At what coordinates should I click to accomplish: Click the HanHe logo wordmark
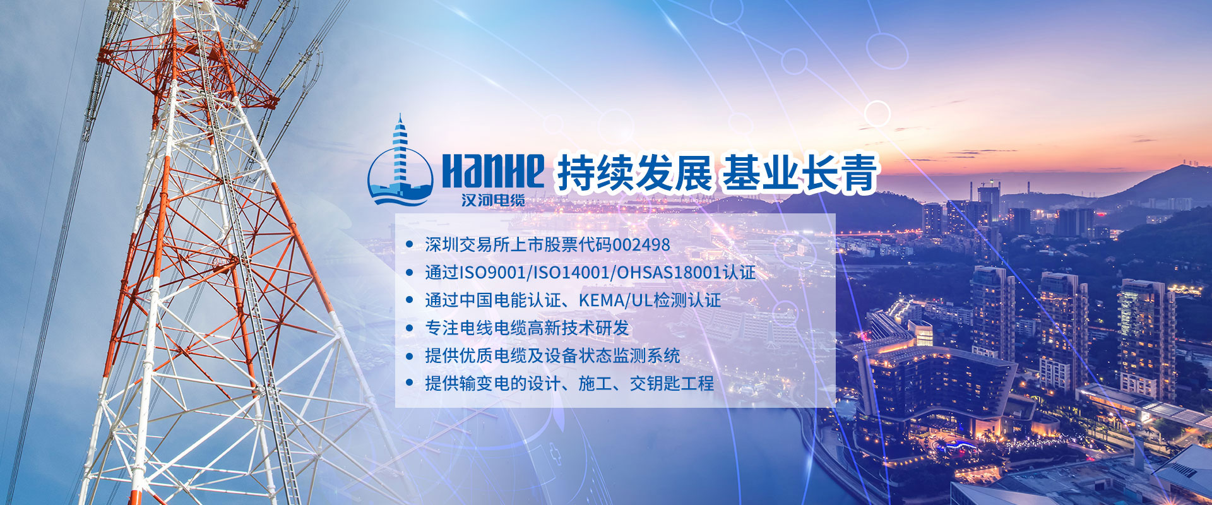point(493,170)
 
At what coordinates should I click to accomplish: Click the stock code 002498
point(641,245)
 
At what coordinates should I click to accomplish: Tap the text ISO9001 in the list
point(492,273)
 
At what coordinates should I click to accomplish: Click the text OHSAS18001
point(669,273)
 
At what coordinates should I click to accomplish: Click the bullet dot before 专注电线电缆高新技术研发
point(410,328)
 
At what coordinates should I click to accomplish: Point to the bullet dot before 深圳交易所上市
point(410,244)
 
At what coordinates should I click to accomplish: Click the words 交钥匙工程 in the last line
point(672,383)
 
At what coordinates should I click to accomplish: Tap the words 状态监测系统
point(629,356)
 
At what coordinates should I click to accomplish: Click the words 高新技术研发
point(579,328)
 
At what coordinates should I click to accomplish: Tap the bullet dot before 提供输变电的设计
point(410,383)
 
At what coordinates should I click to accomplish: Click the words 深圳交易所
point(467,245)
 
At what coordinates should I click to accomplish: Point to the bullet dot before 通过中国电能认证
point(410,300)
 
